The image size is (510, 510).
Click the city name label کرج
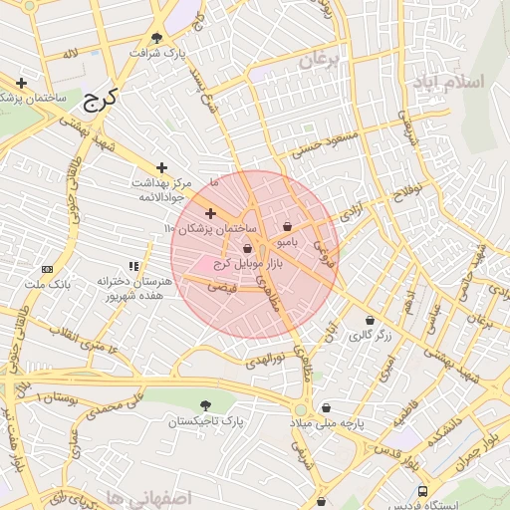(99, 99)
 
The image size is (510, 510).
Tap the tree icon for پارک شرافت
(156, 38)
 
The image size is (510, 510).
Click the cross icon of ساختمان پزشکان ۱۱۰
(210, 213)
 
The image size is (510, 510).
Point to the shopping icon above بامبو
(288, 226)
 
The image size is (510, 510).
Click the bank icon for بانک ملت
(47, 270)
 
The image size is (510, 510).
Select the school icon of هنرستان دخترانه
(132, 266)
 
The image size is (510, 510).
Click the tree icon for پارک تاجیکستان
(205, 405)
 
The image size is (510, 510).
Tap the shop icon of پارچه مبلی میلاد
(326, 407)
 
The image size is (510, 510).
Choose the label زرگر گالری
(370, 336)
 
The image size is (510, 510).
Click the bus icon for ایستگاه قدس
(423, 492)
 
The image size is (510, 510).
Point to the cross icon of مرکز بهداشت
(161, 167)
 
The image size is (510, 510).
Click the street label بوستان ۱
(57, 397)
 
